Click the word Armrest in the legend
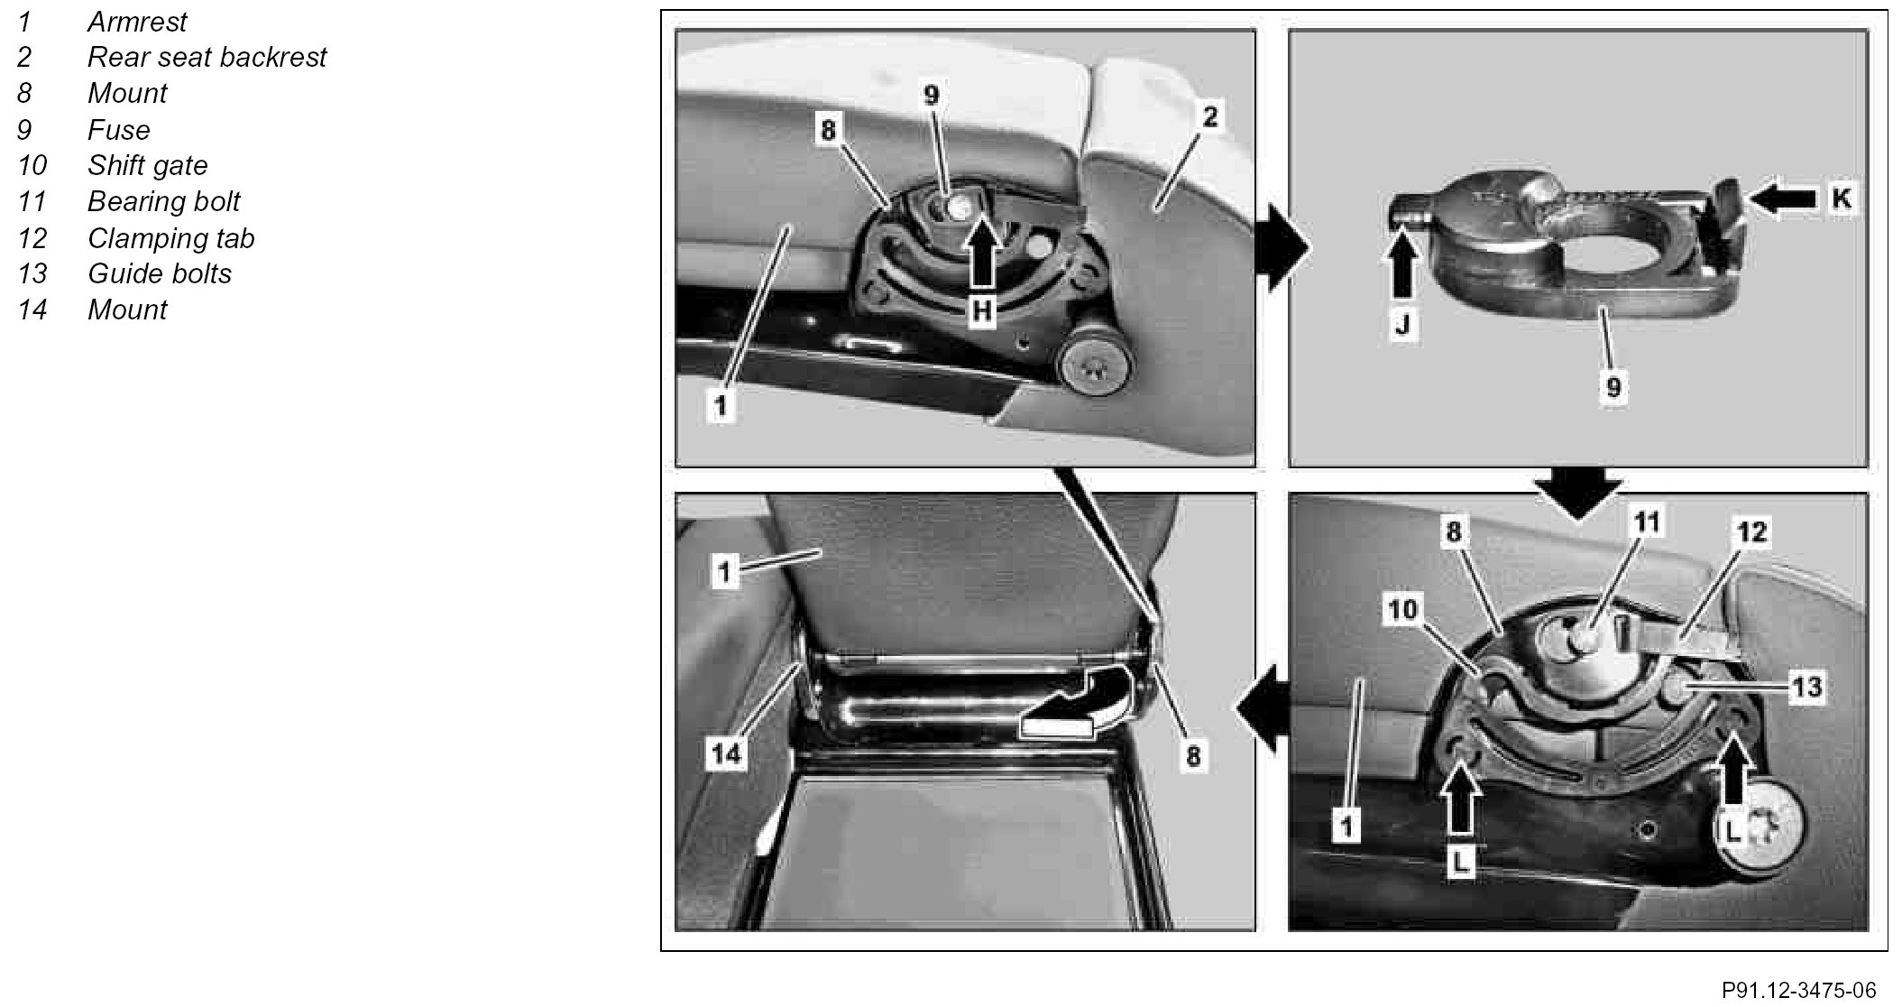[x=137, y=22]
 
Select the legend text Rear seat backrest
[x=207, y=57]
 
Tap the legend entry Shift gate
[x=147, y=166]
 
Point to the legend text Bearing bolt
[x=163, y=202]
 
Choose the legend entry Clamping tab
[x=170, y=238]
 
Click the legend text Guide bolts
[x=160, y=273]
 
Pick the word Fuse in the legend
[x=118, y=130]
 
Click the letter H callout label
[x=982, y=310]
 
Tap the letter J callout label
[x=1403, y=323]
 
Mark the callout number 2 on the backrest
[x=1210, y=116]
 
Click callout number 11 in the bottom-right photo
[x=1648, y=522]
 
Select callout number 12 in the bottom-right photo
[x=1751, y=531]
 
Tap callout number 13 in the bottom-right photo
[x=1806, y=688]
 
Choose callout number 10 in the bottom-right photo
[x=1403, y=611]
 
